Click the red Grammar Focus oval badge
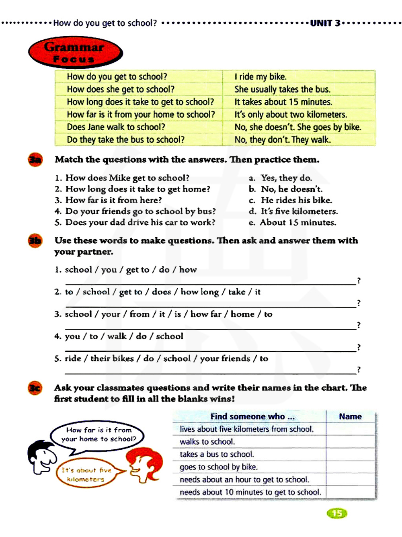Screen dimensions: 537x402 tap(75, 53)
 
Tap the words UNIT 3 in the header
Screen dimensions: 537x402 tap(325, 23)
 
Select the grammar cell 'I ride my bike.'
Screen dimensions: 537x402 tap(260, 77)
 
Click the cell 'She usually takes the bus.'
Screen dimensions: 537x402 tap(282, 89)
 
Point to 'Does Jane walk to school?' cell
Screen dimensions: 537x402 tap(116, 127)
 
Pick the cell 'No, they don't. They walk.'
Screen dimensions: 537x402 tap(282, 140)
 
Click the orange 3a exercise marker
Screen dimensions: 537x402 tap(35, 160)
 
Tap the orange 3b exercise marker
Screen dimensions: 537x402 tap(35, 241)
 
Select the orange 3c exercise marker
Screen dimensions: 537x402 tap(35, 388)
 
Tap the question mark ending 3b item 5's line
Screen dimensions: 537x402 tap(359, 369)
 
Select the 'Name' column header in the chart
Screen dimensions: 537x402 tap(350, 416)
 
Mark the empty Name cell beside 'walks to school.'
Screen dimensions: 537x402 tap(350, 442)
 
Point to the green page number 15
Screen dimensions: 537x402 tap(337, 513)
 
